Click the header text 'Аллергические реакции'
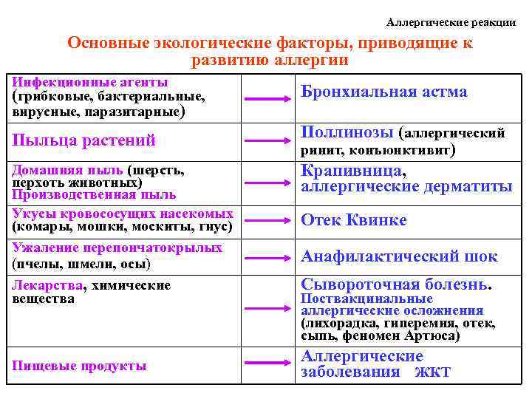(x=451, y=22)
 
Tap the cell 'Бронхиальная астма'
(x=383, y=92)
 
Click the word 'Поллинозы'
(x=347, y=132)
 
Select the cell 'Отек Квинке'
(x=353, y=220)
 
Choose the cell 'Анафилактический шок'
(x=399, y=256)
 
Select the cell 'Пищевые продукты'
(x=79, y=365)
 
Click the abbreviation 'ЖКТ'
(x=432, y=372)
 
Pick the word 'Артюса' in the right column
(x=427, y=335)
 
